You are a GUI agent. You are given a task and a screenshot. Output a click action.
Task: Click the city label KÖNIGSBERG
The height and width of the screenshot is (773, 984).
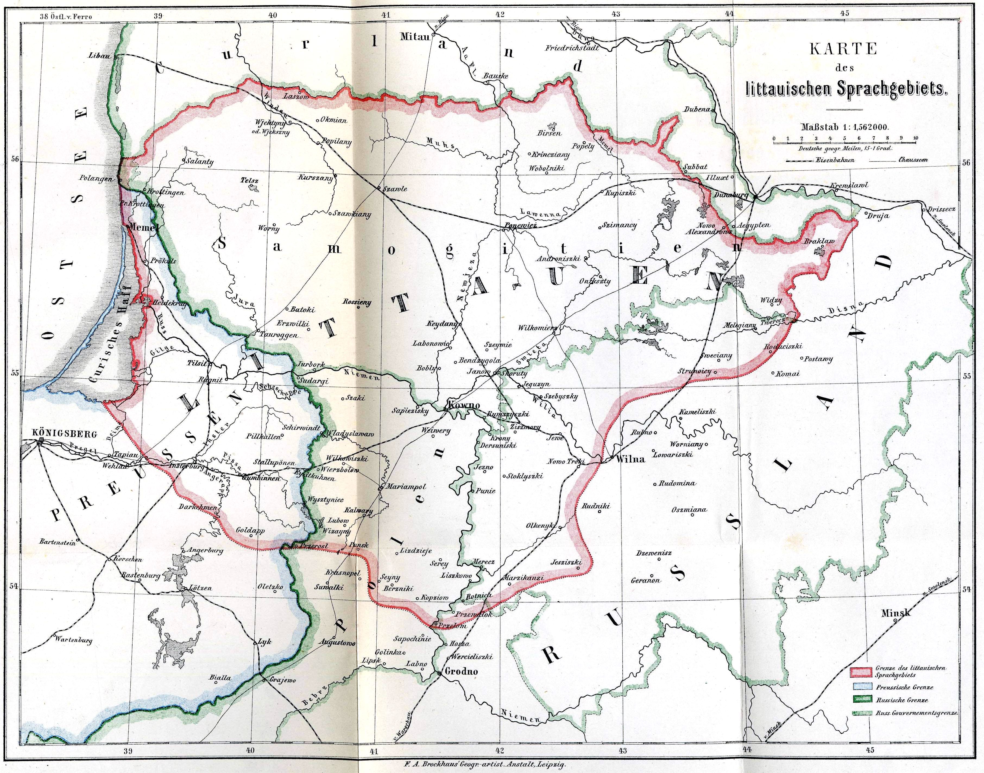coord(65,434)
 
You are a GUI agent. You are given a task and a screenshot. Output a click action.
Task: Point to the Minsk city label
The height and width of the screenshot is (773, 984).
coord(896,613)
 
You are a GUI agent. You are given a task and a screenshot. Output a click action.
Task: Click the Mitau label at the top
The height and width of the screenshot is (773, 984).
coord(414,37)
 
